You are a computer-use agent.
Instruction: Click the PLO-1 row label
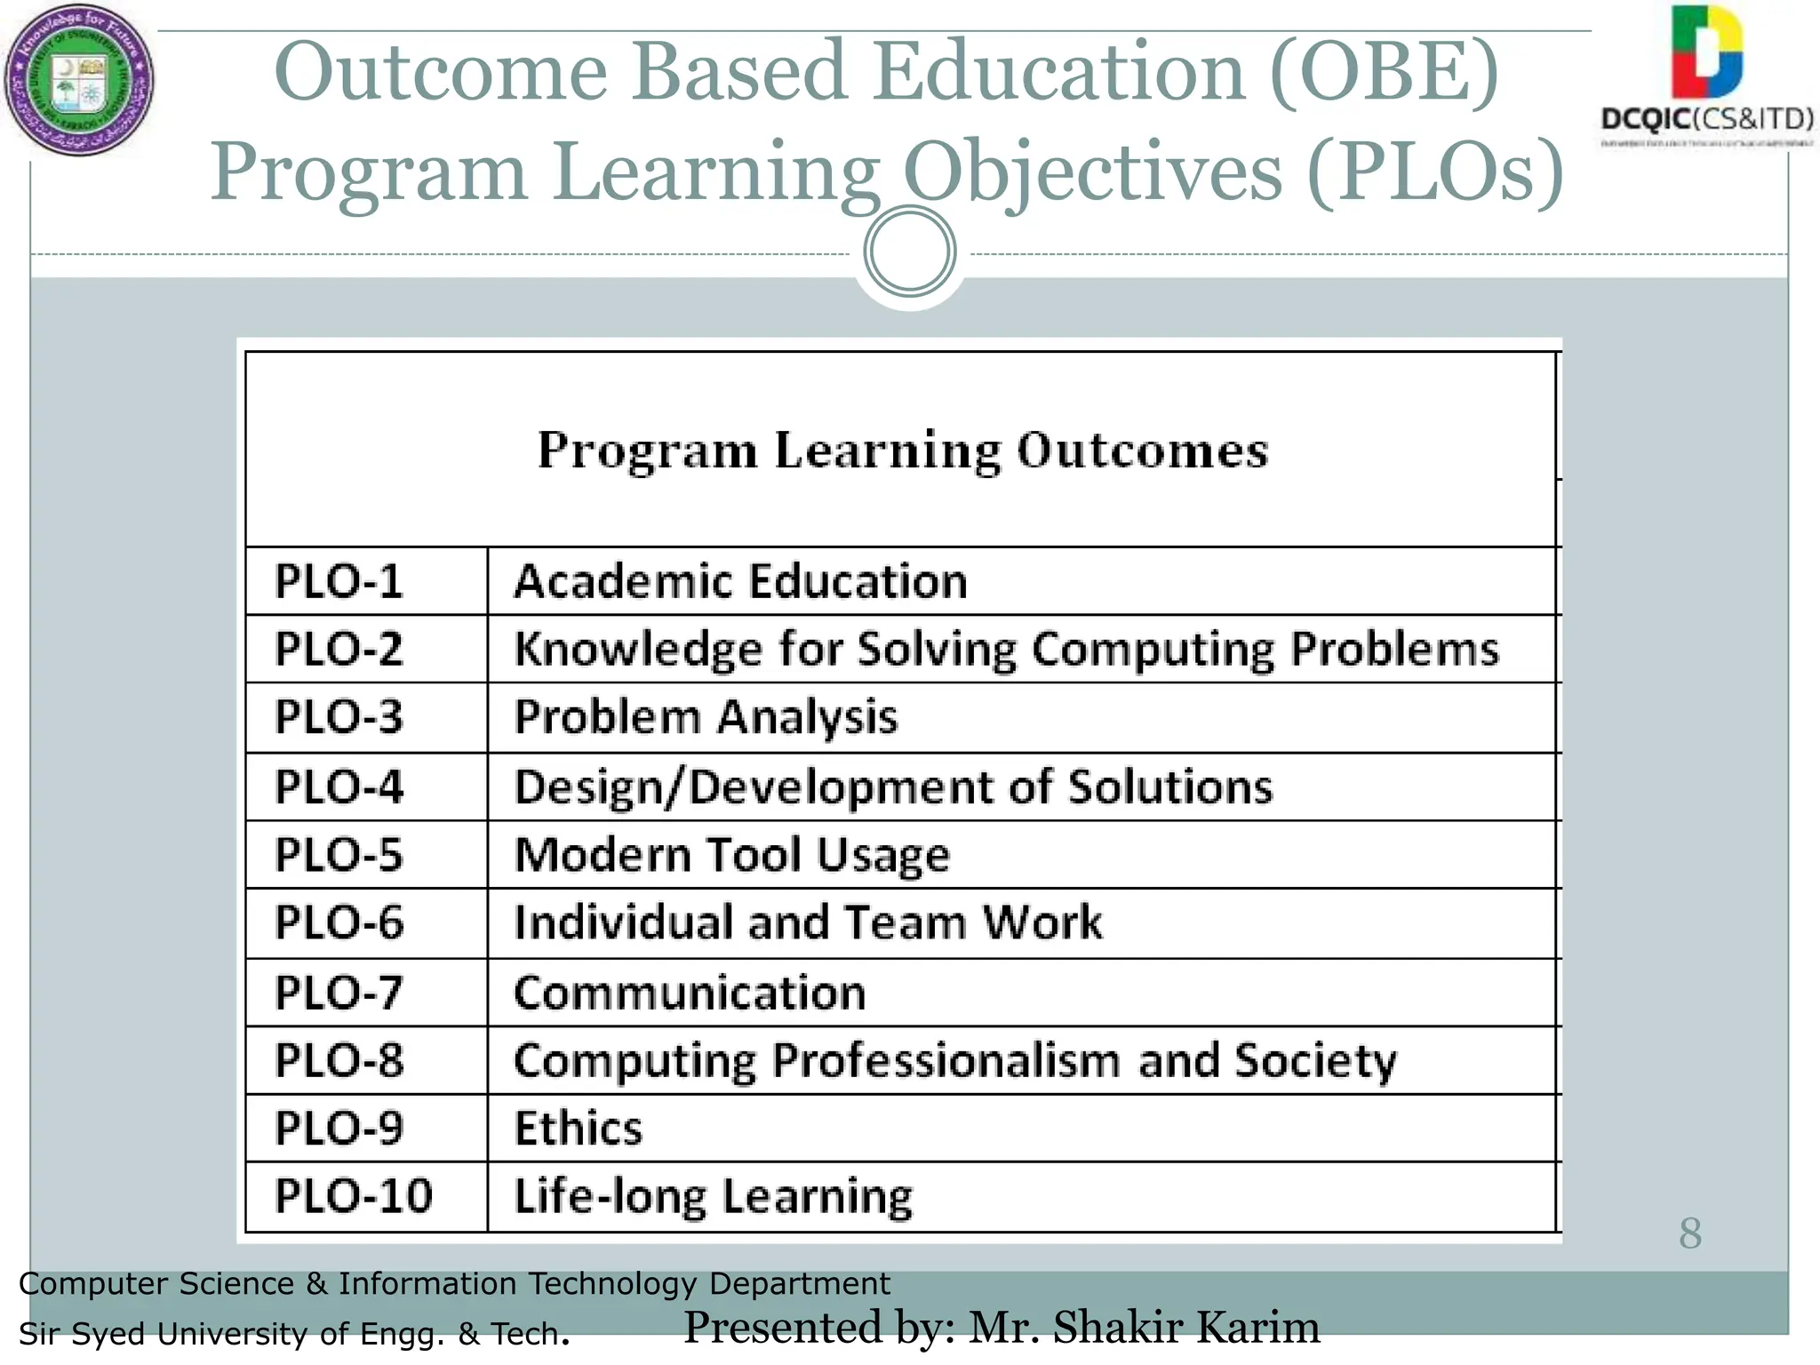pyautogui.click(x=339, y=581)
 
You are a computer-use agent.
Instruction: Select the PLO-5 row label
pyautogui.click(x=339, y=855)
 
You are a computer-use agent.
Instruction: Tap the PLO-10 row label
pyautogui.click(x=353, y=1196)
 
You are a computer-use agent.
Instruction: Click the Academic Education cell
pyautogui.click(x=740, y=581)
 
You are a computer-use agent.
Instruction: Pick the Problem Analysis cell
pyautogui.click(x=706, y=717)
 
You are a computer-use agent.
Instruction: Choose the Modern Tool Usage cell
pyautogui.click(x=732, y=855)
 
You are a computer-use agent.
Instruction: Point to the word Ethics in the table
pyautogui.click(x=578, y=1129)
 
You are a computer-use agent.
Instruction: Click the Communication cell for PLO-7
pyautogui.click(x=690, y=993)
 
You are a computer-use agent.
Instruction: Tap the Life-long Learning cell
pyautogui.click(x=713, y=1196)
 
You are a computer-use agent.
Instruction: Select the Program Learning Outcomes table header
pyautogui.click(x=902, y=450)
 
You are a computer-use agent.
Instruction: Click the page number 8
pyautogui.click(x=1690, y=1233)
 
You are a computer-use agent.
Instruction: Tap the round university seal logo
pyautogui.click(x=79, y=81)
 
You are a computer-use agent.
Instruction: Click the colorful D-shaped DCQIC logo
pyautogui.click(x=1705, y=52)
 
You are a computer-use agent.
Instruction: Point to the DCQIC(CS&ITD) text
pyautogui.click(x=1706, y=118)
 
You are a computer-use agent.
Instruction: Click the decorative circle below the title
pyautogui.click(x=909, y=251)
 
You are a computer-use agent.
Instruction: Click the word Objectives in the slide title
pyautogui.click(x=1093, y=172)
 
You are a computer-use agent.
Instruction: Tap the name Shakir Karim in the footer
pyautogui.click(x=1185, y=1327)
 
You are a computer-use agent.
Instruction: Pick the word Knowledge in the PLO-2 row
pyautogui.click(x=637, y=650)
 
